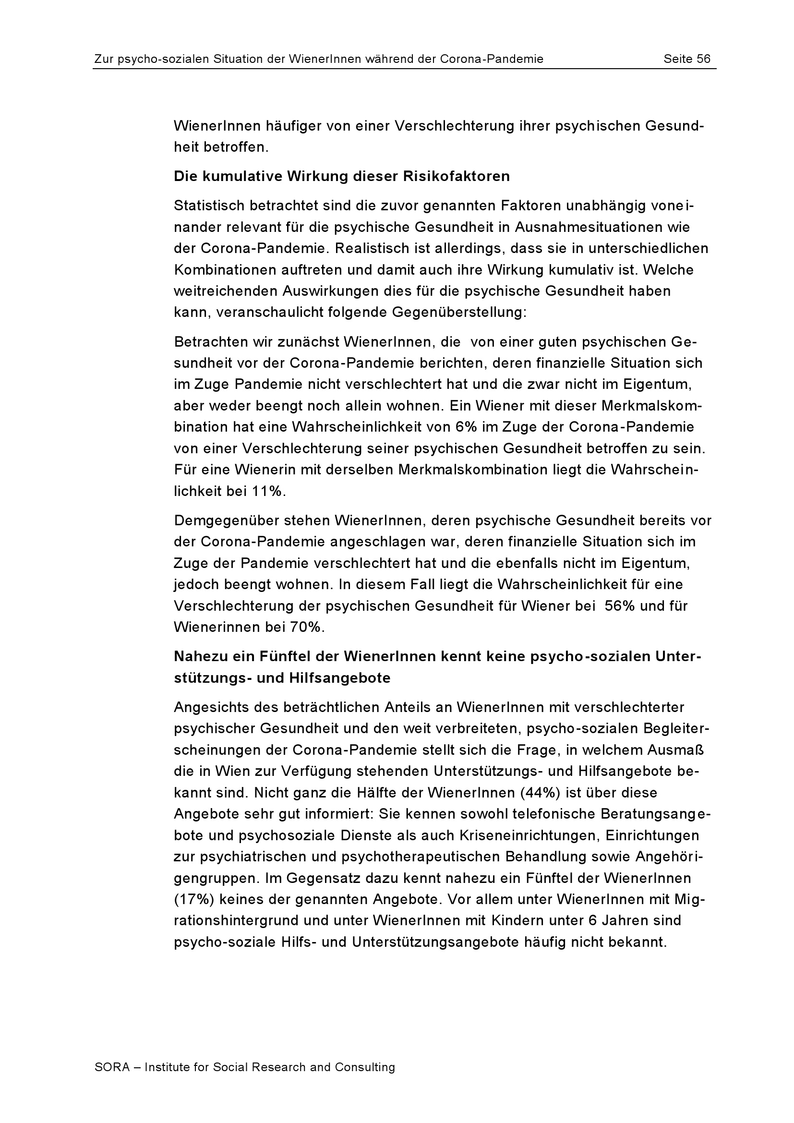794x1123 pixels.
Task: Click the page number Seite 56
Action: [686, 59]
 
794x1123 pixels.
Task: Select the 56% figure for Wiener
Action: [619, 606]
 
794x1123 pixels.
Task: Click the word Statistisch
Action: [209, 206]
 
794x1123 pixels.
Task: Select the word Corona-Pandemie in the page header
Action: [492, 59]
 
